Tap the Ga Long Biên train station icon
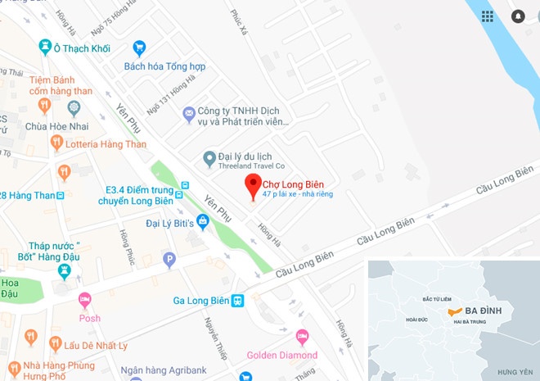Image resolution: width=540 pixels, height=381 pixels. click(x=237, y=301)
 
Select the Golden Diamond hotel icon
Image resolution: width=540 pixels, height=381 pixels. click(x=302, y=337)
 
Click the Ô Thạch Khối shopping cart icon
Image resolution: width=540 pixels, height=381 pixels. click(x=45, y=48)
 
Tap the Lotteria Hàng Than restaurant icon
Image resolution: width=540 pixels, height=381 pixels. click(x=56, y=143)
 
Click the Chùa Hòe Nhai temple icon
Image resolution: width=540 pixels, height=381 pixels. click(x=73, y=107)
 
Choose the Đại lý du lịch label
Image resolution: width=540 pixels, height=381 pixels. click(x=245, y=156)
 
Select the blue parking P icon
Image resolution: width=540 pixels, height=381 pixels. click(x=169, y=261)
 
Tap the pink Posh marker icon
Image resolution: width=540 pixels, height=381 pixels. click(x=84, y=300)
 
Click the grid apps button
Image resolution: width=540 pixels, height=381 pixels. click(x=488, y=16)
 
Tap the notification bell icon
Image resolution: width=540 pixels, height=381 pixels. click(x=518, y=16)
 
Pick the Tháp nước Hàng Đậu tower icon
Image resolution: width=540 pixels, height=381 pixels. click(x=65, y=271)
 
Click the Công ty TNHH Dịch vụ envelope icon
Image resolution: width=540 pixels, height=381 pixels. click(x=189, y=112)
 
